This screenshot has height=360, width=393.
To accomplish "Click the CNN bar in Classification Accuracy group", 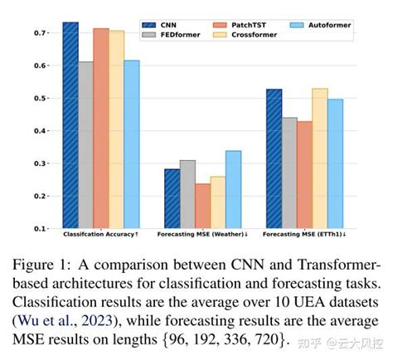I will pos(70,124).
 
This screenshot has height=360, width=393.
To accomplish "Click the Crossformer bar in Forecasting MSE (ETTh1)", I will pos(319,158).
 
